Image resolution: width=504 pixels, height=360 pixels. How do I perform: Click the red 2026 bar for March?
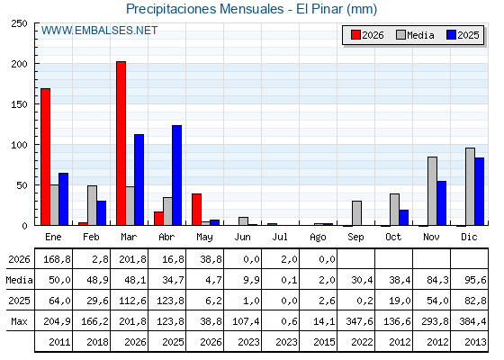121,143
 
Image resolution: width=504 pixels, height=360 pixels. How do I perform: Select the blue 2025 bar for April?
176,175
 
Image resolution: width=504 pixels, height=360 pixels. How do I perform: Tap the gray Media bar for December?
470,186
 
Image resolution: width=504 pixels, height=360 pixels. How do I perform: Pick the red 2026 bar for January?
45,157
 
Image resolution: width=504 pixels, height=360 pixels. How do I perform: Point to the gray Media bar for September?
356,213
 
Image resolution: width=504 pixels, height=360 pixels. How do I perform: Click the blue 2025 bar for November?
441,203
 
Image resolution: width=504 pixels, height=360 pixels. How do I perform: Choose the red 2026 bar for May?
197,210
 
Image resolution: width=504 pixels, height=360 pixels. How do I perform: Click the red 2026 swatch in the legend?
355,35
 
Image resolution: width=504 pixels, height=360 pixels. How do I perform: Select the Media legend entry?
415,35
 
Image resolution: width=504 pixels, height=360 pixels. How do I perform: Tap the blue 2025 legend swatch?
451,35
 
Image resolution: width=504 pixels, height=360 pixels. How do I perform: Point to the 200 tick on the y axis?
19,64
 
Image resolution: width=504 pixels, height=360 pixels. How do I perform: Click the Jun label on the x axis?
242,238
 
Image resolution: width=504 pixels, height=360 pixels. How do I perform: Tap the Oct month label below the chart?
393,238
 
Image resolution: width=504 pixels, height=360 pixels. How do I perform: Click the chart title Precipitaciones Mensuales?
205,9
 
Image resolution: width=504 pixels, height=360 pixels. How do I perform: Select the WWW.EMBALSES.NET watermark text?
99,31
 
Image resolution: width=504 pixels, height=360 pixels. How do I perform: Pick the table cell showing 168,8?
57,259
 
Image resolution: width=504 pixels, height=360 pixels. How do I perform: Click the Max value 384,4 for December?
472,321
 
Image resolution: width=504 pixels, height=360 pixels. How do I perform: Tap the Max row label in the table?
19,321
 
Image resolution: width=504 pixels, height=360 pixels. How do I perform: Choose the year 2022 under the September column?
362,342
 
